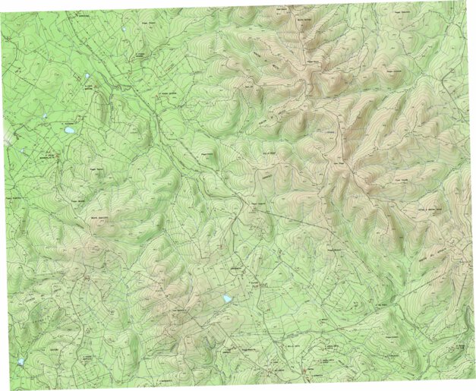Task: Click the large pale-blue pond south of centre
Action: click(x=225, y=299)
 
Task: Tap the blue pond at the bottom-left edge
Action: click(x=20, y=361)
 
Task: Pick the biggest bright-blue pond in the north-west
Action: click(x=69, y=130)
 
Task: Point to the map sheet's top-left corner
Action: click(x=2, y=2)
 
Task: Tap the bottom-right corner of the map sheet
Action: click(x=473, y=377)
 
